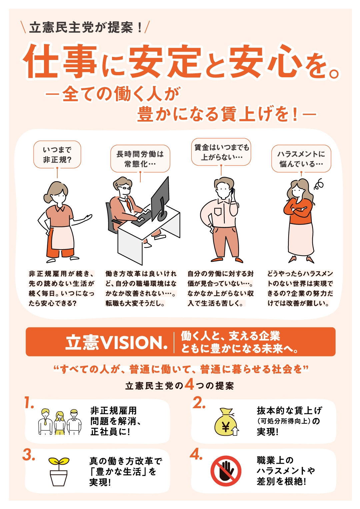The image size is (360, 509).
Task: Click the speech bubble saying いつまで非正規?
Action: pos(57,154)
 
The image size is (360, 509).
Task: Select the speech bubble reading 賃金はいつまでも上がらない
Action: pos(221,152)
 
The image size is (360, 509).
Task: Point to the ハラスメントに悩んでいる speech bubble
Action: pos(301,158)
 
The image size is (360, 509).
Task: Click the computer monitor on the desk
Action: pos(160,200)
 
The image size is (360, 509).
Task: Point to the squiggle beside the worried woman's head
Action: pos(319,184)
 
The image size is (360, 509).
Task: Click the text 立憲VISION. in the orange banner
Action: pos(116,342)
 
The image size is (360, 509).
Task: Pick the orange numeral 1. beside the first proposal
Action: pos(29,402)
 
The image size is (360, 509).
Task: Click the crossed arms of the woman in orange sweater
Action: pos(298,209)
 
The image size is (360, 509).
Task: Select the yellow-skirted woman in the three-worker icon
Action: pos(60,423)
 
